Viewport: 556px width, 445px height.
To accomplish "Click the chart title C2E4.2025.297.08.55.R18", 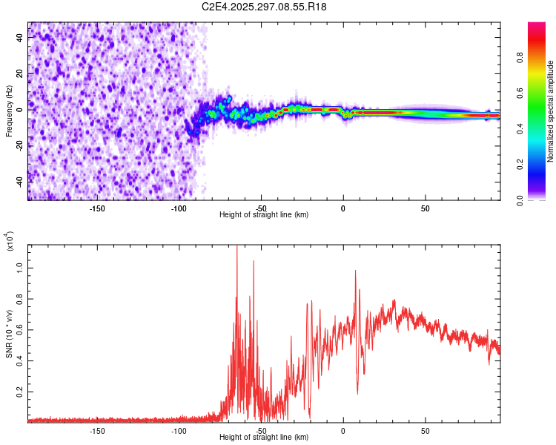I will tap(265, 7).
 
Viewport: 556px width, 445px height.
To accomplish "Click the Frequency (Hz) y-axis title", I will tap(9, 111).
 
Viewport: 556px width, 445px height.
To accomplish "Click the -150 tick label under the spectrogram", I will tap(97, 208).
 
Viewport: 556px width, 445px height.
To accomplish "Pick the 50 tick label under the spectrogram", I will tap(425, 208).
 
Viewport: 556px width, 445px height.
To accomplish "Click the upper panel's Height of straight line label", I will tap(264, 214).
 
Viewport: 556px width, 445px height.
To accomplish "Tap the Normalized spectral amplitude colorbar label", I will tap(550, 111).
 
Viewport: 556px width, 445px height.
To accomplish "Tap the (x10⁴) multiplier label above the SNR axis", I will tap(10, 241).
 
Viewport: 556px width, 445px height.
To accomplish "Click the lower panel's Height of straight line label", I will tap(264, 437).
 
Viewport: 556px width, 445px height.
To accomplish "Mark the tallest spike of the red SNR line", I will tap(237, 248).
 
